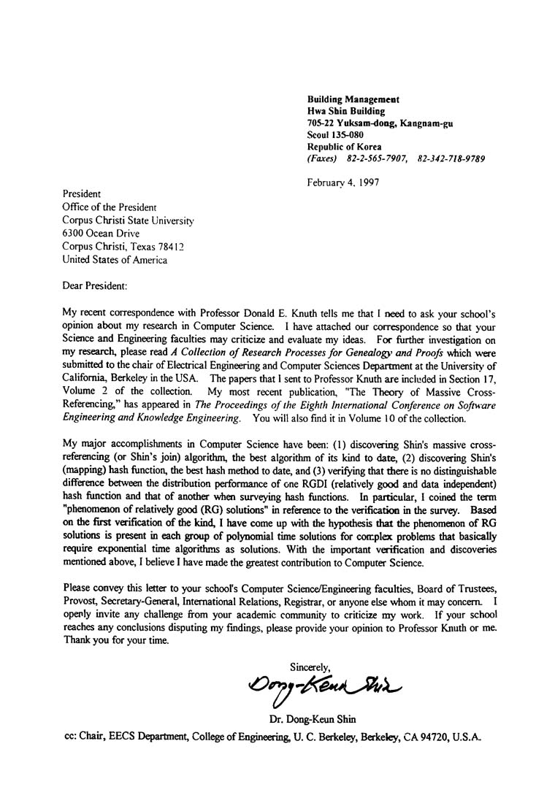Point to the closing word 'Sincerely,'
[310, 666]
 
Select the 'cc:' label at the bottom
[72, 737]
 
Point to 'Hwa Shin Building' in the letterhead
[345, 110]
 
